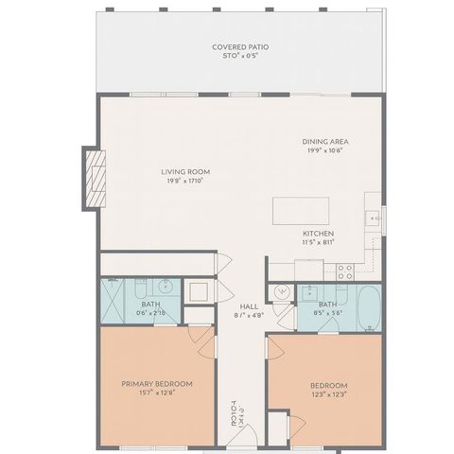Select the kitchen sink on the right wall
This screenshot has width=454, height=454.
click(x=375, y=219)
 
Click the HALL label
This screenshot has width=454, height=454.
click(x=249, y=306)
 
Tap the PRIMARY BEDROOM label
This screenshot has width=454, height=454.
click(x=157, y=384)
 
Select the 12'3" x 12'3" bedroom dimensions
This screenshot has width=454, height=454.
click(x=328, y=394)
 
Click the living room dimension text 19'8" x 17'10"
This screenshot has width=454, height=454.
click(x=184, y=182)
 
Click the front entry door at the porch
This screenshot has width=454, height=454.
click(x=233, y=441)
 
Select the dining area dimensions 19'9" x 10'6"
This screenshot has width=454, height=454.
click(x=324, y=149)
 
